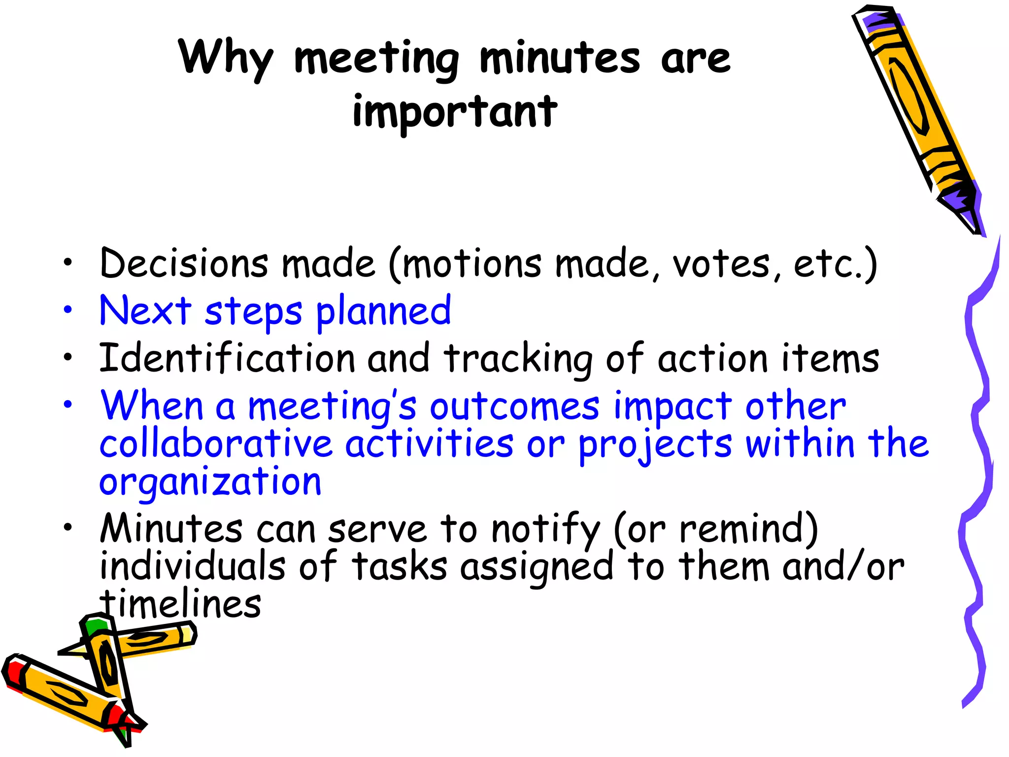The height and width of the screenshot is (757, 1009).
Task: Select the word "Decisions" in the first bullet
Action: click(x=184, y=263)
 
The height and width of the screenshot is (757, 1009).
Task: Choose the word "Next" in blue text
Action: click(x=145, y=310)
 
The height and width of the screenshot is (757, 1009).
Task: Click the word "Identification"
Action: click(x=227, y=358)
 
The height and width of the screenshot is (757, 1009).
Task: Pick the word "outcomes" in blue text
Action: click(x=515, y=407)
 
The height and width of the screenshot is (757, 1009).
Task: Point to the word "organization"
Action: click(x=210, y=482)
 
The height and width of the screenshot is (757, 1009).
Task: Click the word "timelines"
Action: click(x=180, y=604)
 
